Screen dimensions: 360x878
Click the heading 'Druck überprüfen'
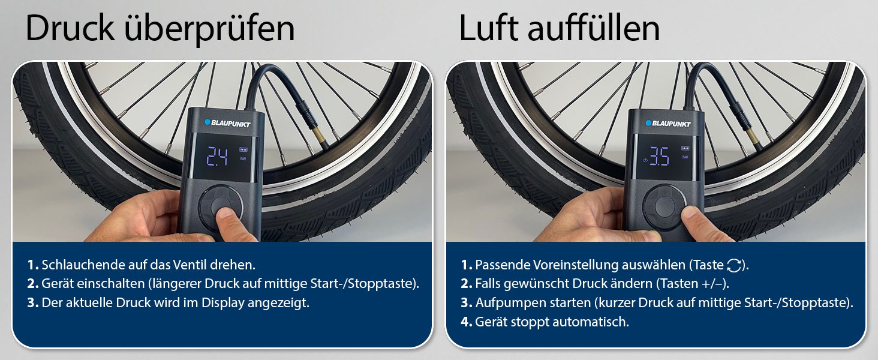tap(160, 28)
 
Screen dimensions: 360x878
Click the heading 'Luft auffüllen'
tap(559, 28)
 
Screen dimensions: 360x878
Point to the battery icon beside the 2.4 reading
tap(243, 149)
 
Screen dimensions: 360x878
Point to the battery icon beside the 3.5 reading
tap(685, 149)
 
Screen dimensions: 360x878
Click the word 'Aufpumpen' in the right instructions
tap(504, 303)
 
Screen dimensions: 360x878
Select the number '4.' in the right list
tap(466, 322)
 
